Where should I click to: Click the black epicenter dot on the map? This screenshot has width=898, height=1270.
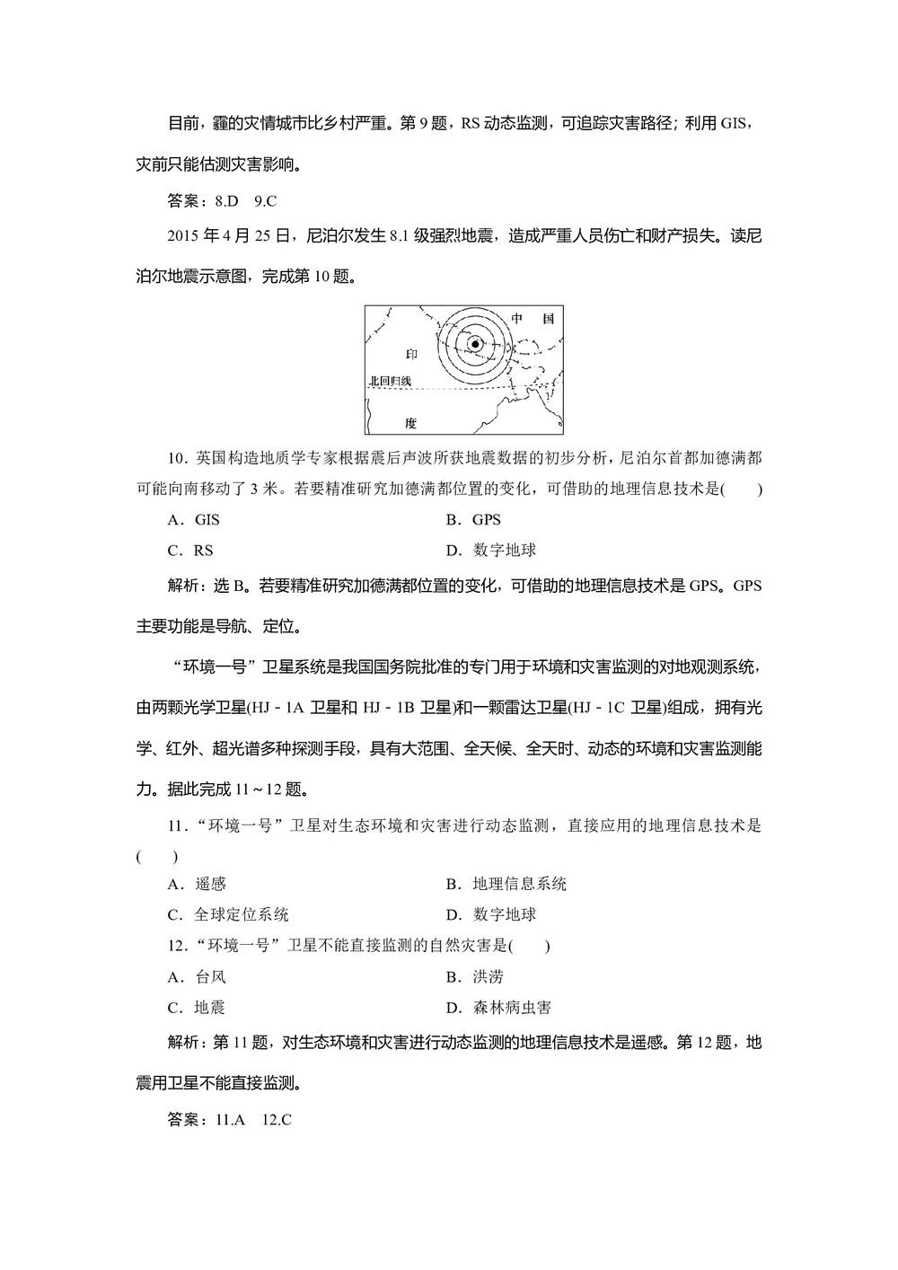pos(475,342)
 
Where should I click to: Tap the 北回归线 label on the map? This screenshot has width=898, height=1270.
pos(390,382)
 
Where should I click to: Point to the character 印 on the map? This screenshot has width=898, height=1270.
pos(412,354)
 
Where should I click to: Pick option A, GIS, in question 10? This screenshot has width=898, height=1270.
pos(194,519)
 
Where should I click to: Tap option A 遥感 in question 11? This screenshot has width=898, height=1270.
pos(197,884)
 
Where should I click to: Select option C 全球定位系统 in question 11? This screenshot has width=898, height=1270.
pos(228,915)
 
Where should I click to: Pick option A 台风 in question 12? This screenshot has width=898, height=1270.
pos(197,977)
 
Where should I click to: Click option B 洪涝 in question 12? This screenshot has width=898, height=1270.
pos(475,977)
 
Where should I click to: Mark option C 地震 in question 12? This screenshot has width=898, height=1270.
pos(197,1008)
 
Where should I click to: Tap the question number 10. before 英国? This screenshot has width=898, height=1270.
pos(177,458)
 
